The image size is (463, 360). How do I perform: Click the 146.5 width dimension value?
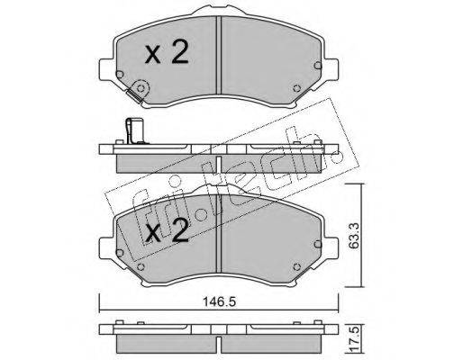click(220, 301)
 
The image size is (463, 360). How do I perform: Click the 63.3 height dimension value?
click(354, 236)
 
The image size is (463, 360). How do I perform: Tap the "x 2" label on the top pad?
click(167, 52)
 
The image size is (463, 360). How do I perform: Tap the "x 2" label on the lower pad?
click(167, 230)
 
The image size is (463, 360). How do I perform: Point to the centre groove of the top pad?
click(219, 55)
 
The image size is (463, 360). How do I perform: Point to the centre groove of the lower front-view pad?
click(219, 233)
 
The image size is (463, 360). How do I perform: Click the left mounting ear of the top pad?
click(106, 69)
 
